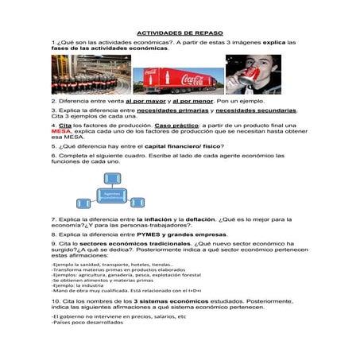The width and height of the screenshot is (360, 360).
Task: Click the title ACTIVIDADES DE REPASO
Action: click(x=180, y=30)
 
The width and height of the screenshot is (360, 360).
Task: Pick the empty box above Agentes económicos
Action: click(x=111, y=178)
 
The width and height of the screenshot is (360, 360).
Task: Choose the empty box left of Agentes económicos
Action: click(x=83, y=202)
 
